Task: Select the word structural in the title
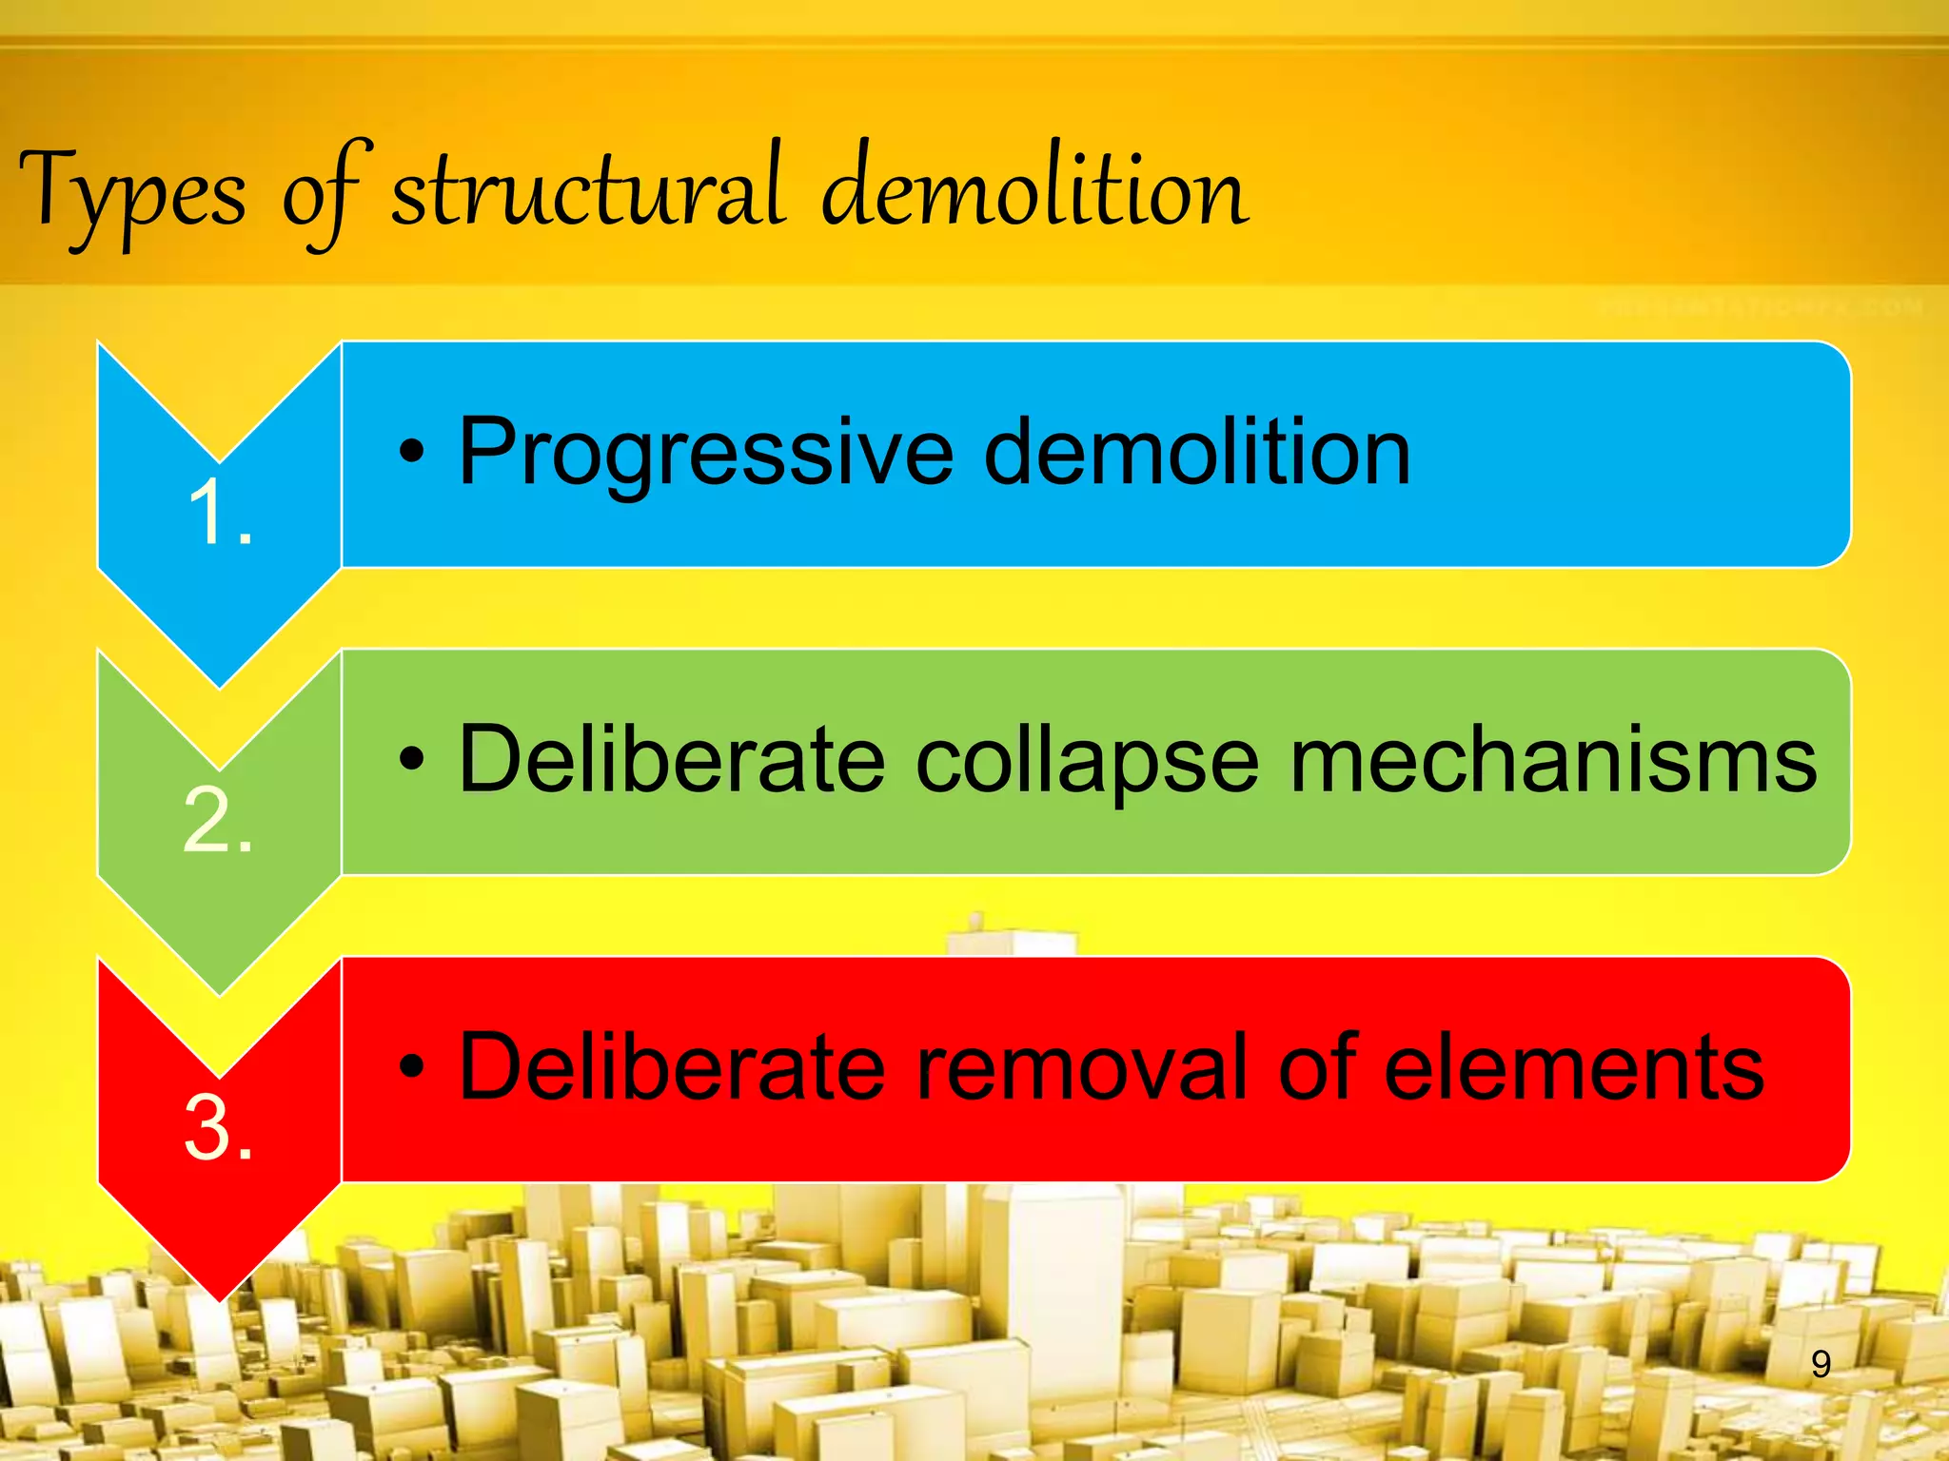coord(588,190)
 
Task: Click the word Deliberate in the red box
coord(672,1067)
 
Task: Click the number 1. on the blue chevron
coord(220,513)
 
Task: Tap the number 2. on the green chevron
coord(218,820)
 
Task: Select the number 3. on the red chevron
coord(218,1128)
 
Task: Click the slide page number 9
coord(1821,1365)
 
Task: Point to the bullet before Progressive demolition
coord(411,453)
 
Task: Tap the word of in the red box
coord(1317,1067)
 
